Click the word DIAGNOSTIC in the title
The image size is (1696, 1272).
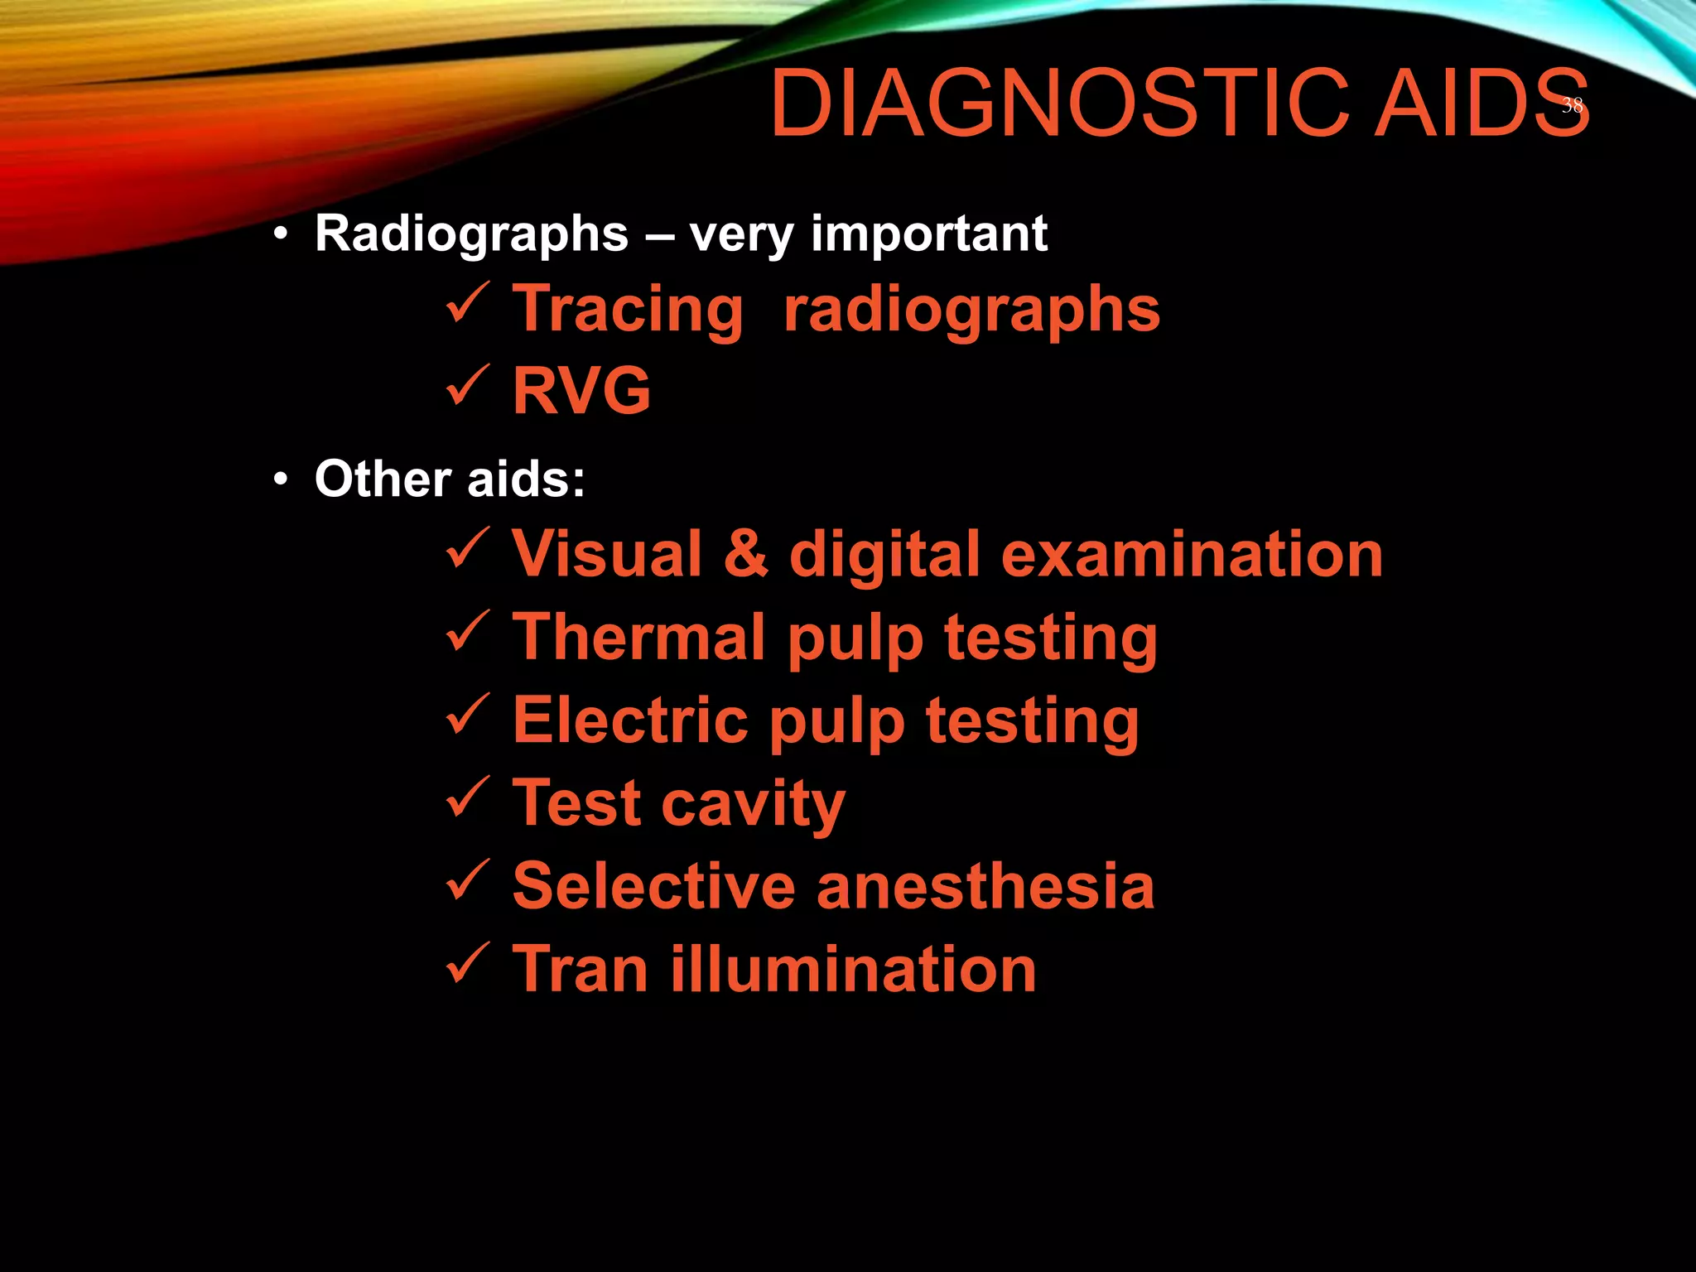(x=1060, y=104)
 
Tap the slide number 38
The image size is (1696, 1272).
(x=1572, y=105)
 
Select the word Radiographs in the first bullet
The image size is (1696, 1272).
(x=471, y=234)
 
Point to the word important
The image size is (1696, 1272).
(x=928, y=234)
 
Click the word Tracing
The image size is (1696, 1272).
(x=628, y=310)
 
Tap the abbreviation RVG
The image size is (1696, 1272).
(x=581, y=391)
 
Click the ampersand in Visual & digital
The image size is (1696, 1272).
(x=745, y=554)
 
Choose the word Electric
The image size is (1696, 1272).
(x=630, y=720)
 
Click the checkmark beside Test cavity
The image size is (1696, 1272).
(x=469, y=797)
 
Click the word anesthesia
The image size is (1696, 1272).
(x=985, y=886)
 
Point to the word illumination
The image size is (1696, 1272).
(x=853, y=969)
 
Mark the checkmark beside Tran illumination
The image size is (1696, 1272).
(x=469, y=962)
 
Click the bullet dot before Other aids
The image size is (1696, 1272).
(x=282, y=480)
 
